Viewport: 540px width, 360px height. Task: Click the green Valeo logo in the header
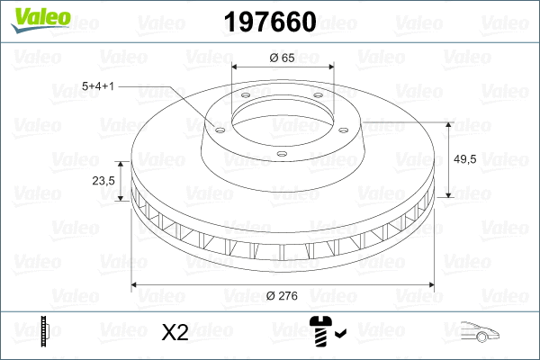[35, 19]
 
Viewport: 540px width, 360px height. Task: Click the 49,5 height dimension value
[465, 159]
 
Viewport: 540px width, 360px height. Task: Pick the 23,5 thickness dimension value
[103, 180]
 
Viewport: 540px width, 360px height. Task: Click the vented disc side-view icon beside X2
[44, 333]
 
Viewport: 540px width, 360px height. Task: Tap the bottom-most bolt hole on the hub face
[281, 154]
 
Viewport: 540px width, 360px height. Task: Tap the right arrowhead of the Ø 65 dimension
[330, 66]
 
